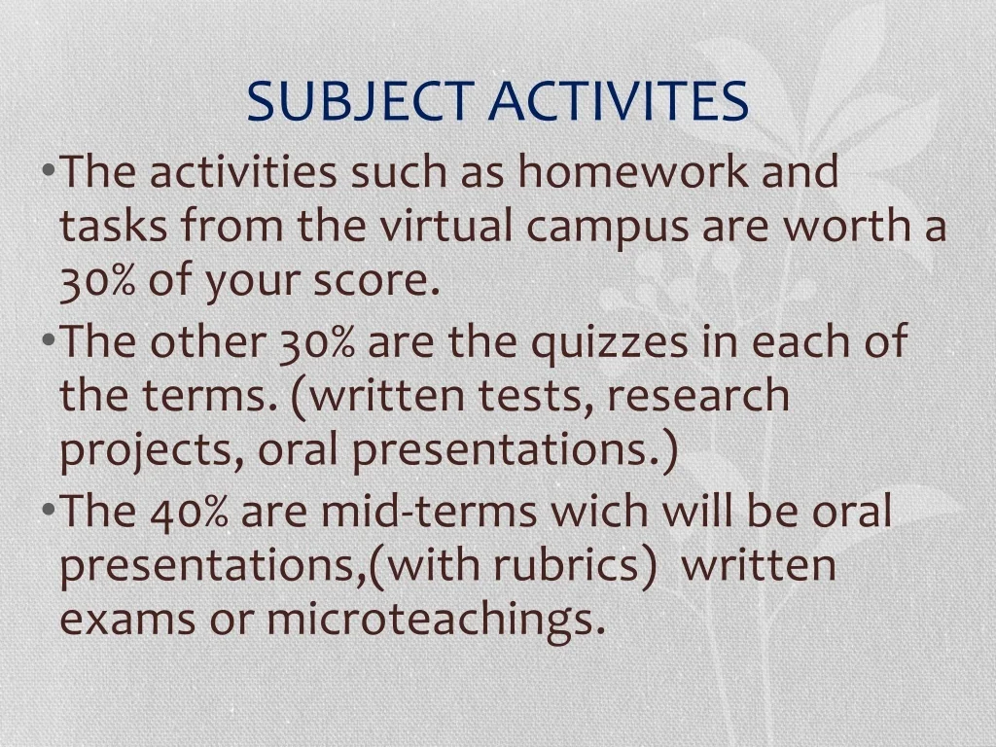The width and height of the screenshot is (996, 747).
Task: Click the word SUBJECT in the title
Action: (x=360, y=101)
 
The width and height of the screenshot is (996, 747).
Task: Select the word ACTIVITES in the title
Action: (x=619, y=101)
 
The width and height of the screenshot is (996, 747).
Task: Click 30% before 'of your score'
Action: (x=97, y=282)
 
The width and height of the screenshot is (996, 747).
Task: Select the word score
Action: (x=376, y=282)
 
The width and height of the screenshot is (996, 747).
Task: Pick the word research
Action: (x=698, y=395)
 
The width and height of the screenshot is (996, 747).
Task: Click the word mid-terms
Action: (x=429, y=512)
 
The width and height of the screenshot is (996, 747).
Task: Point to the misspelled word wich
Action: (x=599, y=512)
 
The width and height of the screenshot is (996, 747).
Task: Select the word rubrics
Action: (x=567, y=565)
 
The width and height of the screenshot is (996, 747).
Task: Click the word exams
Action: (x=127, y=621)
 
